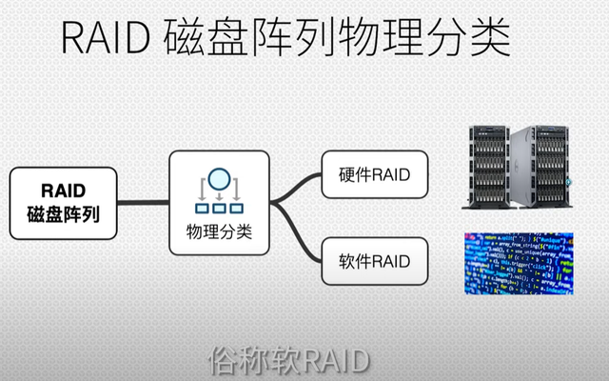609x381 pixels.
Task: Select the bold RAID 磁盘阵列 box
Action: (x=64, y=202)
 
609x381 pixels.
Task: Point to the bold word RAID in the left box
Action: (x=64, y=189)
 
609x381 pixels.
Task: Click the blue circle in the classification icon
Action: (x=218, y=178)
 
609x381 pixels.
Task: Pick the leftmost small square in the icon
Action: (x=202, y=207)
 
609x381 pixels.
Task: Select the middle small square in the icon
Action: (x=218, y=207)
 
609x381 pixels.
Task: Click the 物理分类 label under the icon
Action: (x=219, y=232)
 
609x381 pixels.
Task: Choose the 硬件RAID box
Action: (x=373, y=174)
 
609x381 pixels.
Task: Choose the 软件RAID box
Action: (x=373, y=259)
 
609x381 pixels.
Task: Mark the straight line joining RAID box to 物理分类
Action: (x=143, y=202)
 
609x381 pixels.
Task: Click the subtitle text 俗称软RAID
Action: (x=286, y=361)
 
